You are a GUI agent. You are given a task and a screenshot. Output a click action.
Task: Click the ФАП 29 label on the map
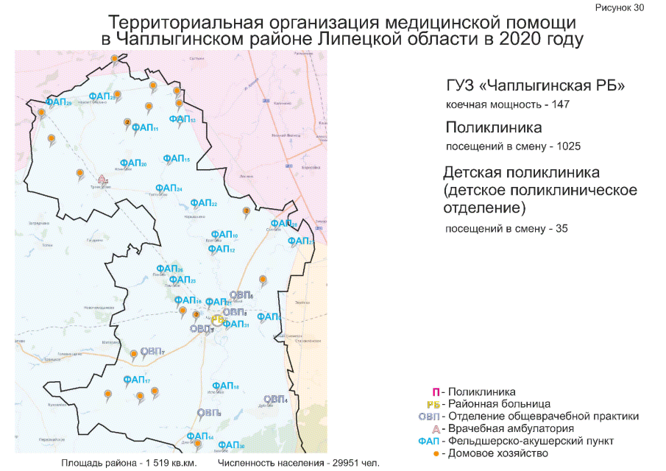tap(59, 103)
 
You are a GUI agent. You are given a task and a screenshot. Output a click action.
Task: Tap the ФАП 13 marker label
tap(181, 119)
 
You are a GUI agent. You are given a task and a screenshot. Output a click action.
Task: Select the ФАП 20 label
tap(132, 163)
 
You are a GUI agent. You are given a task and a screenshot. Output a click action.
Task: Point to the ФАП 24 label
tap(169, 189)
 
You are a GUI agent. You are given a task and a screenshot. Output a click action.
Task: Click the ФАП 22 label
tap(203, 203)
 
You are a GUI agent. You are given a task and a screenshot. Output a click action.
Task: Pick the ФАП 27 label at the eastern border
tap(300, 241)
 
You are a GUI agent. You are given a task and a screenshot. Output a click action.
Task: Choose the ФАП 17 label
tap(137, 380)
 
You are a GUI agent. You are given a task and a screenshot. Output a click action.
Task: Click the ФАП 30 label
tap(230, 445)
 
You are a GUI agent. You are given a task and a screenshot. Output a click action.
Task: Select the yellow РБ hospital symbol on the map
tap(217, 320)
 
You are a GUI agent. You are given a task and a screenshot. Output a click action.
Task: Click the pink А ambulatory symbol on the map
tap(103, 179)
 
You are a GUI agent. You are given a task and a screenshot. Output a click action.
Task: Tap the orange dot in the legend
tap(436, 453)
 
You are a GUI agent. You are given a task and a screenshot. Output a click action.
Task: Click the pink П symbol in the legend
tap(436, 392)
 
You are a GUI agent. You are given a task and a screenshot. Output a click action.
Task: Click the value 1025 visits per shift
tap(567, 146)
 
